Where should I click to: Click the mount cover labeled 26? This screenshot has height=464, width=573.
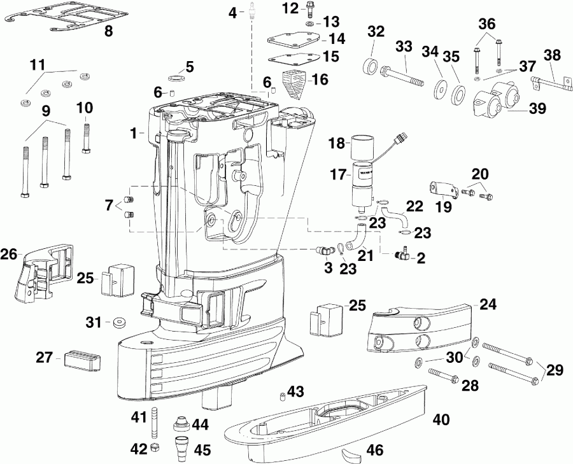pos(41,274)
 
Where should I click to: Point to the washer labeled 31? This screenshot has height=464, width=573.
pos(118,322)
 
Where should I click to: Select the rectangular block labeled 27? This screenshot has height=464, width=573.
pos(80,359)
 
